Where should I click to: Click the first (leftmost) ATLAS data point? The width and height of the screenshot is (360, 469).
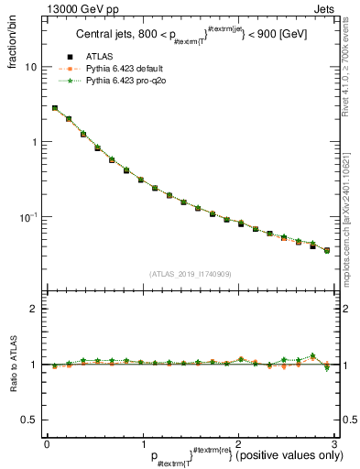[55, 108]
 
